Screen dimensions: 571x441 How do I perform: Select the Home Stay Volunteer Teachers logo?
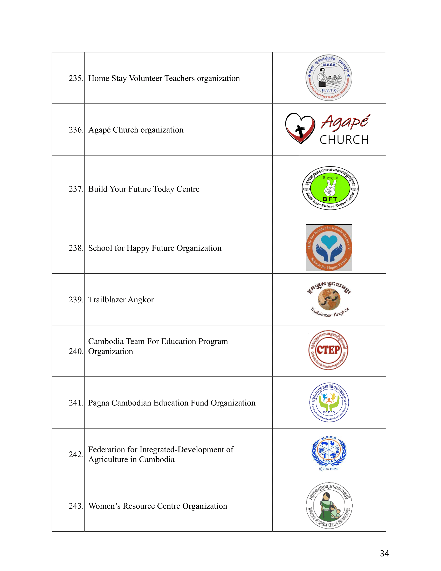tap(329, 78)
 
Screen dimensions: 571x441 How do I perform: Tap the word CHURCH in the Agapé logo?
tap(344, 140)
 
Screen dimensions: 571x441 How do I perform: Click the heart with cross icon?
tap(300, 128)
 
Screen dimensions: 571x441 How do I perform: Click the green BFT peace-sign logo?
tap(330, 188)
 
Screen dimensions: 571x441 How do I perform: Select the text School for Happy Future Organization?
tap(155, 248)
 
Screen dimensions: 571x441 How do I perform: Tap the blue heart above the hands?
tap(329, 241)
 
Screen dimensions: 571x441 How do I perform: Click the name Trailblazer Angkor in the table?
tap(121, 299)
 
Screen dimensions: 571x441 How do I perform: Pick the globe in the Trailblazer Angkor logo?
tap(329, 299)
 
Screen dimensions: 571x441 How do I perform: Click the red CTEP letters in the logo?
tap(328, 350)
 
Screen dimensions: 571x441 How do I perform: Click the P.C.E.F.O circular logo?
tap(329, 402)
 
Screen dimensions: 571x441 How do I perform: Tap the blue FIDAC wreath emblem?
tap(329, 452)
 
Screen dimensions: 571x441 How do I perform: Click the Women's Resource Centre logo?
tap(329, 505)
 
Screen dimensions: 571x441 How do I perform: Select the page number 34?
tap(384, 553)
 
